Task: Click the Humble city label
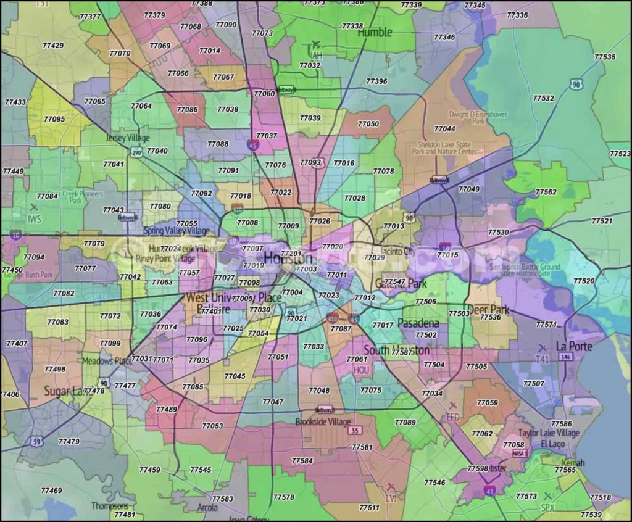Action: (375, 33)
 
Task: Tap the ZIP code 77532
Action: (543, 98)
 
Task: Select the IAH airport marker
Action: (316, 45)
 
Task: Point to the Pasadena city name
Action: (418, 323)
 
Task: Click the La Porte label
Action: (573, 346)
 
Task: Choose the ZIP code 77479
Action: (69, 442)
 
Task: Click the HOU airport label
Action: (360, 370)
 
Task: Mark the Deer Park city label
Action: (488, 309)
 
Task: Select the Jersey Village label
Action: (128, 138)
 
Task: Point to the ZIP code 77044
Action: (444, 129)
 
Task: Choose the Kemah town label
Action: (572, 462)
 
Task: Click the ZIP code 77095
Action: (54, 119)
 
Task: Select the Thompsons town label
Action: (110, 505)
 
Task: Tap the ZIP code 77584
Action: (302, 460)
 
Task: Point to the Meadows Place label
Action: (107, 361)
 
